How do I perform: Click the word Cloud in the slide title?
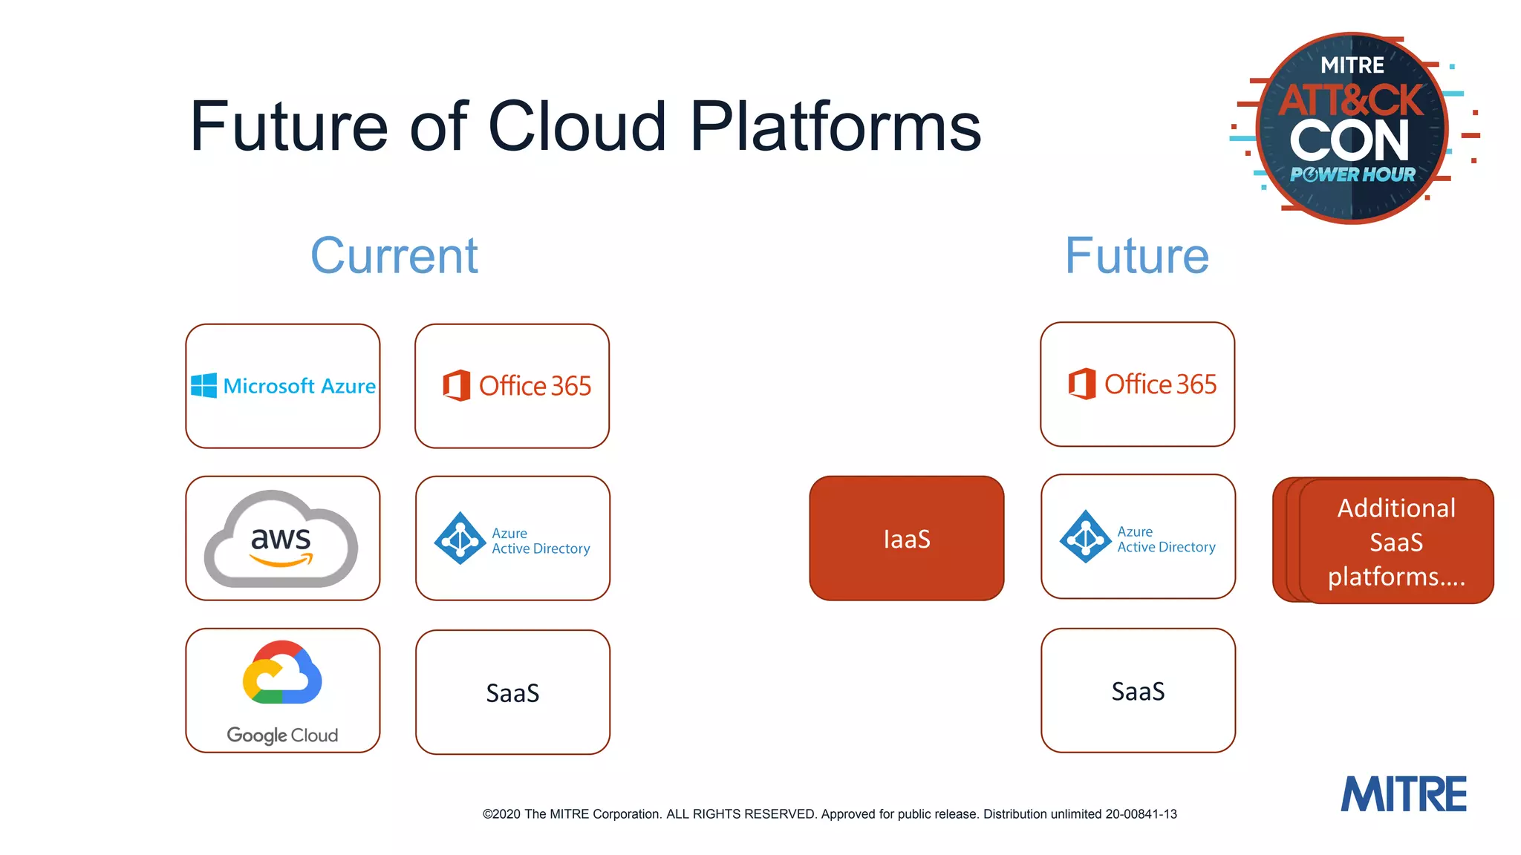(x=577, y=127)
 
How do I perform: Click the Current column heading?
(x=394, y=256)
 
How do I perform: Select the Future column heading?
(x=1136, y=256)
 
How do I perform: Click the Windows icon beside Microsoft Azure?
(x=203, y=386)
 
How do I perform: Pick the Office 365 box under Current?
(x=512, y=386)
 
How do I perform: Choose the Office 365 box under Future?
(x=1137, y=384)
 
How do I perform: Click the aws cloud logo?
(x=281, y=540)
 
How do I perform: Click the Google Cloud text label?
(x=282, y=735)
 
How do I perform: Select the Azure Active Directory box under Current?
(x=512, y=539)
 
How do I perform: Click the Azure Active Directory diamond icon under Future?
(x=1085, y=537)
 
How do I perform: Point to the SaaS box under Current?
(x=512, y=692)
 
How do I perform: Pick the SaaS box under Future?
(x=1138, y=691)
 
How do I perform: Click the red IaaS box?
(x=906, y=539)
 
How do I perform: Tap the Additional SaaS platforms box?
(x=1395, y=542)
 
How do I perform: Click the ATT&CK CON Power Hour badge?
(x=1352, y=128)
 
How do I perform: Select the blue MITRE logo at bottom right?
(x=1403, y=794)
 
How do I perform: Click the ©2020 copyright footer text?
(x=829, y=814)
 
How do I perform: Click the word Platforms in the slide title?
(x=836, y=127)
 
